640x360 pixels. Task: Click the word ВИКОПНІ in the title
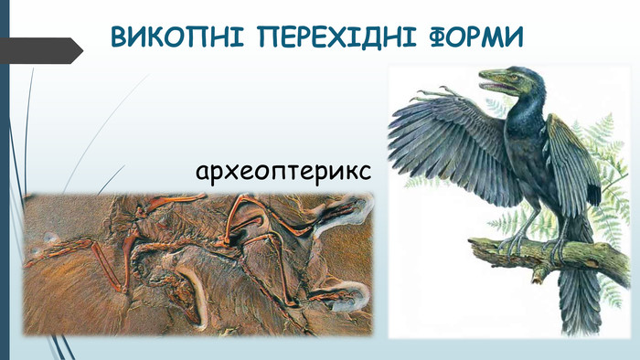click(x=177, y=37)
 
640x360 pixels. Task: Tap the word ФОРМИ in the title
click(x=476, y=37)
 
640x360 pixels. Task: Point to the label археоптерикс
click(x=283, y=172)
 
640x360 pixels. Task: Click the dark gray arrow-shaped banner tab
click(x=41, y=50)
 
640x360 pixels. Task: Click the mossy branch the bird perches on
click(x=551, y=255)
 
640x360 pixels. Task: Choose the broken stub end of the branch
click(x=538, y=278)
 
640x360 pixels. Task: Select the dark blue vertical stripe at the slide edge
click(x=5, y=180)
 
